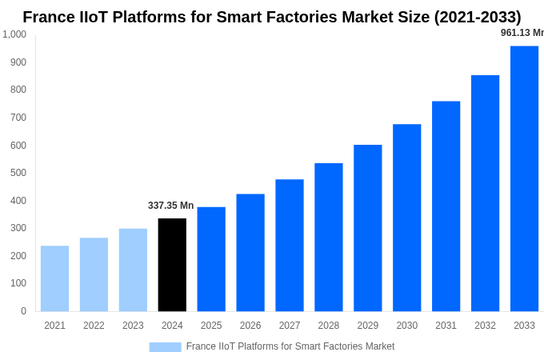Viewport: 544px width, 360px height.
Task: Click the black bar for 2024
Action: [172, 265]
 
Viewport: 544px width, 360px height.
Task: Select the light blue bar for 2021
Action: [54, 278]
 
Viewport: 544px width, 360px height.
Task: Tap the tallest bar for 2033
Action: [524, 178]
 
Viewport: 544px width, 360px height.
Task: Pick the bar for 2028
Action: [329, 237]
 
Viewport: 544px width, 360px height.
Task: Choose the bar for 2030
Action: [406, 218]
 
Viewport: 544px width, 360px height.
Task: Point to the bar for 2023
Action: [133, 270]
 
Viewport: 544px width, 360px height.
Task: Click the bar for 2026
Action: [250, 252]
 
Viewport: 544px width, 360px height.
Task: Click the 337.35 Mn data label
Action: [170, 206]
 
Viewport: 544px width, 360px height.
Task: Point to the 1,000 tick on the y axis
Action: [14, 34]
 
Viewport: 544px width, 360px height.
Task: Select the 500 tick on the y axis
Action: [18, 173]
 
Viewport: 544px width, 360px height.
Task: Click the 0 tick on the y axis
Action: [23, 311]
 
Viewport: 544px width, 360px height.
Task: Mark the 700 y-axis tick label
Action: [18, 118]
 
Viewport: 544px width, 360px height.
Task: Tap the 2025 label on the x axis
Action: [211, 326]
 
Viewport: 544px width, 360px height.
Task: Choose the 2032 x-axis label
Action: [485, 326]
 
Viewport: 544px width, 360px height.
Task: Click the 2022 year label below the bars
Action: [94, 326]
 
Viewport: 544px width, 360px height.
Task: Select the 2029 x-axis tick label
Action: [367, 326]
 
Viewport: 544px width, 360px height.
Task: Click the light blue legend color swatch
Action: [165, 346]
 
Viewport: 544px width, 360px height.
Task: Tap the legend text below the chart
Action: [290, 346]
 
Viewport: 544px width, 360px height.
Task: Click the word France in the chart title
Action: [49, 17]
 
